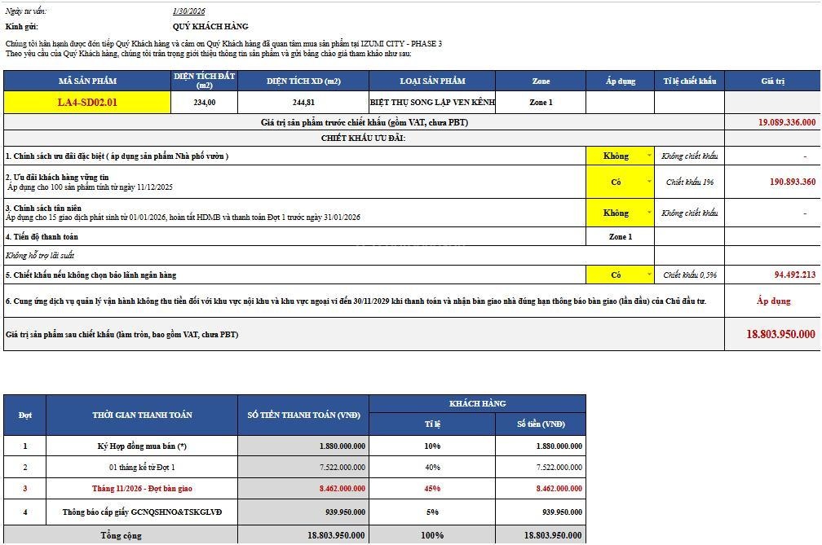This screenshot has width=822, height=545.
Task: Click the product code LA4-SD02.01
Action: (87, 103)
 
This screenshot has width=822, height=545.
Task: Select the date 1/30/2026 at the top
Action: (186, 11)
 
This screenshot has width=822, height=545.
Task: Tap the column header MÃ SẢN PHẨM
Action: (87, 81)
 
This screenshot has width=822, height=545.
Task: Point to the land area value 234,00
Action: (205, 103)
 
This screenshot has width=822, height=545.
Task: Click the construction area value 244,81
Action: (303, 103)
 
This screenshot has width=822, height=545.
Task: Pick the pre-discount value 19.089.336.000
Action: (786, 122)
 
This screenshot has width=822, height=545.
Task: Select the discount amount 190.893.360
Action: (792, 182)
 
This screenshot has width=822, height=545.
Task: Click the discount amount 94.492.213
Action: (794, 275)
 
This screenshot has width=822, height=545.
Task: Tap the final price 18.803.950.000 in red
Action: (780, 334)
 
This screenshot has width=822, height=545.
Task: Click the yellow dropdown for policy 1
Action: (620, 156)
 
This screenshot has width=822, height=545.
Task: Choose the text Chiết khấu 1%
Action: (689, 182)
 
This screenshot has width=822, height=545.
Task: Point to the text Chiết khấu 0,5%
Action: (689, 275)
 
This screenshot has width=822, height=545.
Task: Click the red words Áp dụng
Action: (773, 301)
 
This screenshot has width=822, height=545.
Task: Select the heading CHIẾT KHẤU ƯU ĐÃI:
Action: (364, 138)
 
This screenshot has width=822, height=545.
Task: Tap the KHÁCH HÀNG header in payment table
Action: (477, 403)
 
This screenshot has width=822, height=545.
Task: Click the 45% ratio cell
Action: (432, 489)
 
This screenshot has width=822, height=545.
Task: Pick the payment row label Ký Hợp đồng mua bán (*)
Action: (142, 446)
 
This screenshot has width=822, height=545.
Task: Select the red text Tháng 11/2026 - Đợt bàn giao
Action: (142, 489)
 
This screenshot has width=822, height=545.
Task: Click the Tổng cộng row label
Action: (121, 535)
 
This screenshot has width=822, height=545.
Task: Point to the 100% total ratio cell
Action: (432, 535)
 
